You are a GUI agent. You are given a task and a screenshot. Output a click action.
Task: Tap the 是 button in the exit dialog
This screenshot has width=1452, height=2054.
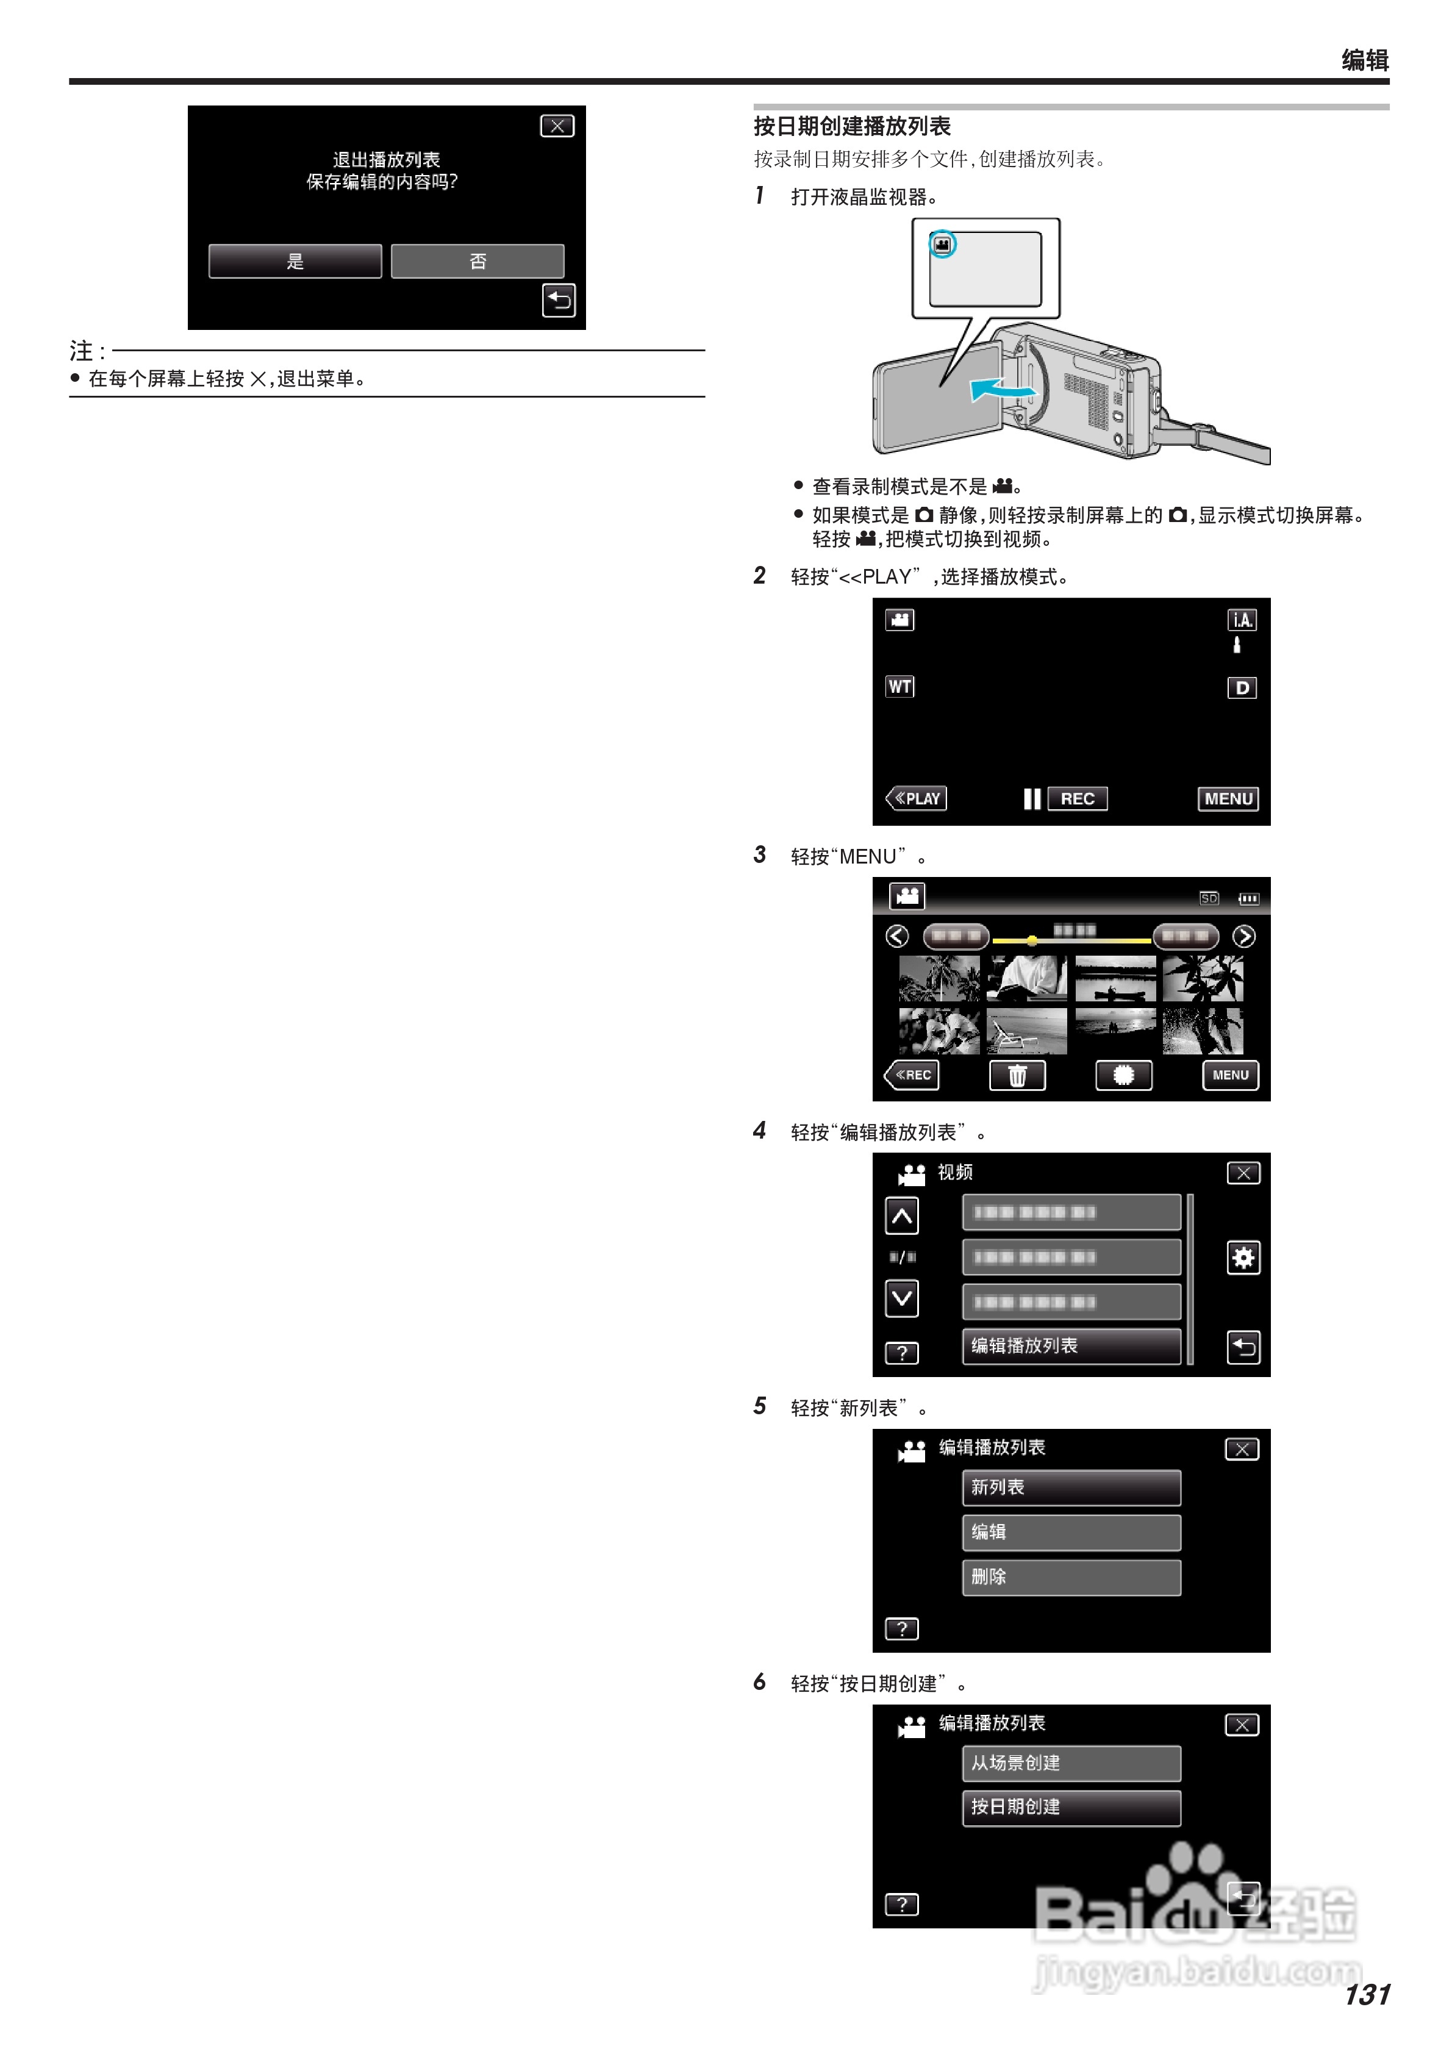point(295,261)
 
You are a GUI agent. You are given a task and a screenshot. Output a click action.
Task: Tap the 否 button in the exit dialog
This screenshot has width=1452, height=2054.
point(477,261)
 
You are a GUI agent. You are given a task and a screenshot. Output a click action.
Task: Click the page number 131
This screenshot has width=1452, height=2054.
point(1366,1994)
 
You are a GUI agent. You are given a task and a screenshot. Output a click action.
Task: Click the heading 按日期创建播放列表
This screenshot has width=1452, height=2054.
point(852,126)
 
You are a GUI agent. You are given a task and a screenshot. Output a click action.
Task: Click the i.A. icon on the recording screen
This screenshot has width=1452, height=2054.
point(1242,620)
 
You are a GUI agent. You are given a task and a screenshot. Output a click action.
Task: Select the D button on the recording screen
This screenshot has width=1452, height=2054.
point(1242,688)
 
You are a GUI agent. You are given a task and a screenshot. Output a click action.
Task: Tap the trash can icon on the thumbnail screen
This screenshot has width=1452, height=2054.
point(1017,1075)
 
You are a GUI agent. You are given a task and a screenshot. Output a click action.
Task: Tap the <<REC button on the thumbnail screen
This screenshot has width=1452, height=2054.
point(912,1075)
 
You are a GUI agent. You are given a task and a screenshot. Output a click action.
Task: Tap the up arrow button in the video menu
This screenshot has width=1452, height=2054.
point(902,1216)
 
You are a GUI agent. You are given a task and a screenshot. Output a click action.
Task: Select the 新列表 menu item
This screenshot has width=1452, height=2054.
point(1071,1487)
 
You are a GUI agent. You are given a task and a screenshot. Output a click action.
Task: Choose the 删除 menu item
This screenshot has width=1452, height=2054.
point(1071,1576)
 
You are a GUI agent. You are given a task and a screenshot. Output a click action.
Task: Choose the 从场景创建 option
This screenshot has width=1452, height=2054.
point(1071,1762)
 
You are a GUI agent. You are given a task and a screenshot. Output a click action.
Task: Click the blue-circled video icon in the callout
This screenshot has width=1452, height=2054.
point(942,244)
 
